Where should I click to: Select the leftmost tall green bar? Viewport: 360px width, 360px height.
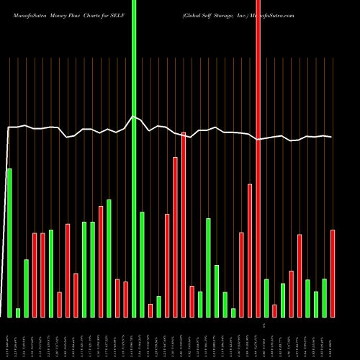coord(9,242)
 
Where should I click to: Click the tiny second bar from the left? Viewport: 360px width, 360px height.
coord(18,312)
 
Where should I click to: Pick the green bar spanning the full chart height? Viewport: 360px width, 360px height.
coord(134,158)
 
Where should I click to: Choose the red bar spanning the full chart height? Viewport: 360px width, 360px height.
coord(258,158)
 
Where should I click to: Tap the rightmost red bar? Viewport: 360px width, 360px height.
coord(333,273)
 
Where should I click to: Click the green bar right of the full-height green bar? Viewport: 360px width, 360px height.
coord(142,264)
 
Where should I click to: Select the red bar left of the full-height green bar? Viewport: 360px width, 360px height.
coord(125,299)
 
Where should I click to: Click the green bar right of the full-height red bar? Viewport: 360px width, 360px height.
coord(266,297)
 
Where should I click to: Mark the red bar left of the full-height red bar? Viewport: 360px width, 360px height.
coord(250,250)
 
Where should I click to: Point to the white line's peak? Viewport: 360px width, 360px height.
coord(133,116)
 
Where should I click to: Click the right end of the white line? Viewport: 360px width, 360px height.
coord(331,137)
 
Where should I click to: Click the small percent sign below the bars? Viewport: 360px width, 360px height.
coord(264,326)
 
